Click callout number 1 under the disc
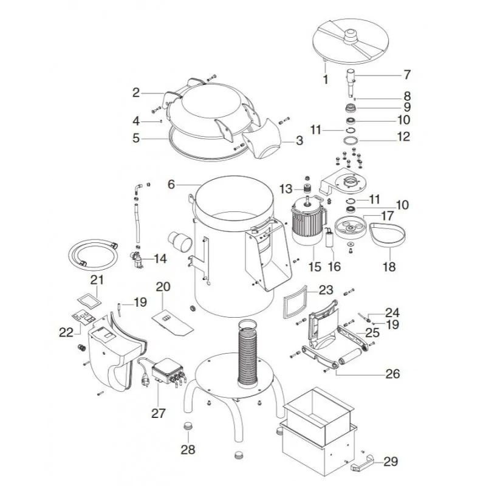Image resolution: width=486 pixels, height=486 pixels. pyautogui.click(x=325, y=79)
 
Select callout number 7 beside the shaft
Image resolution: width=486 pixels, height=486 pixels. pyautogui.click(x=407, y=75)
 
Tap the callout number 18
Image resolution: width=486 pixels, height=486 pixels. pyautogui.click(x=389, y=267)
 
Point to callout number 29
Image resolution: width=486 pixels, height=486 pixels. pyautogui.click(x=391, y=462)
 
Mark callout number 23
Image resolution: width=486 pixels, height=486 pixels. pyautogui.click(x=326, y=290)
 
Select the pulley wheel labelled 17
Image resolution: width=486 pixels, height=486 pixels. pyautogui.click(x=347, y=230)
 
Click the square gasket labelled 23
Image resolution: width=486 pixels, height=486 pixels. pyautogui.click(x=296, y=302)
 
